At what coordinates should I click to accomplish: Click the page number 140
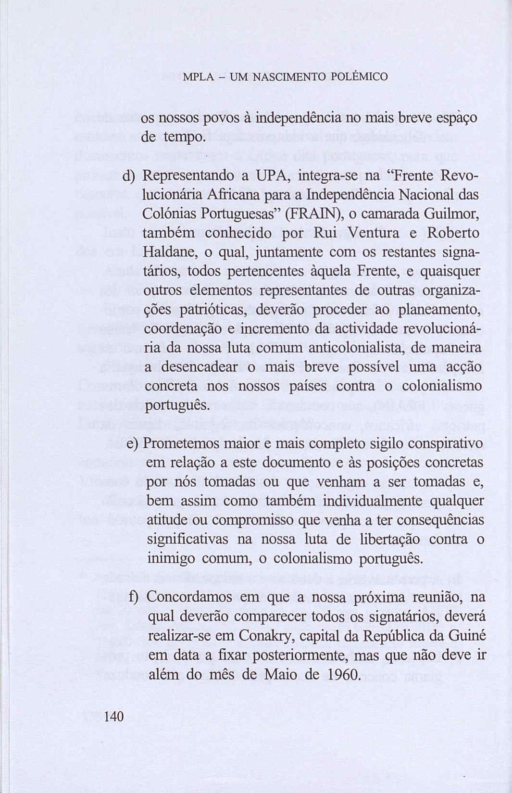[x=114, y=716]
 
